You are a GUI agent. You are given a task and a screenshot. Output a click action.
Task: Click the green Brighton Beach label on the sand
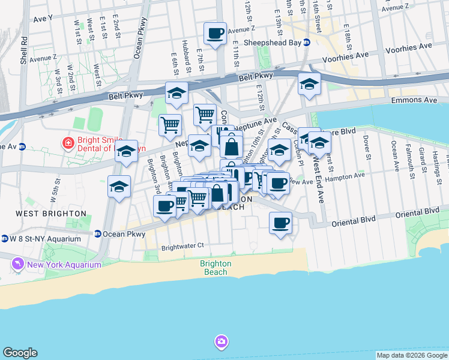tap(215, 268)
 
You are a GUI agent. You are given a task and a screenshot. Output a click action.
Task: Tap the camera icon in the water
tap(221, 342)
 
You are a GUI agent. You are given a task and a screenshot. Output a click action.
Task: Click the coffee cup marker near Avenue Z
tap(215, 34)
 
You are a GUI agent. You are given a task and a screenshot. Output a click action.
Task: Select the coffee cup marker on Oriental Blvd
tap(280, 224)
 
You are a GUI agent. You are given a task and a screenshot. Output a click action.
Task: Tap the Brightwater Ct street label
tap(182, 245)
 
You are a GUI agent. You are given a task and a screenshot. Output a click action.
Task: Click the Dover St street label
tap(366, 146)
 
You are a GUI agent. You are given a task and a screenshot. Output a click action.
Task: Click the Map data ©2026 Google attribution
tap(412, 355)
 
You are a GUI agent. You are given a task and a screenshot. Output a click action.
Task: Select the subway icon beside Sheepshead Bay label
tap(306, 42)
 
